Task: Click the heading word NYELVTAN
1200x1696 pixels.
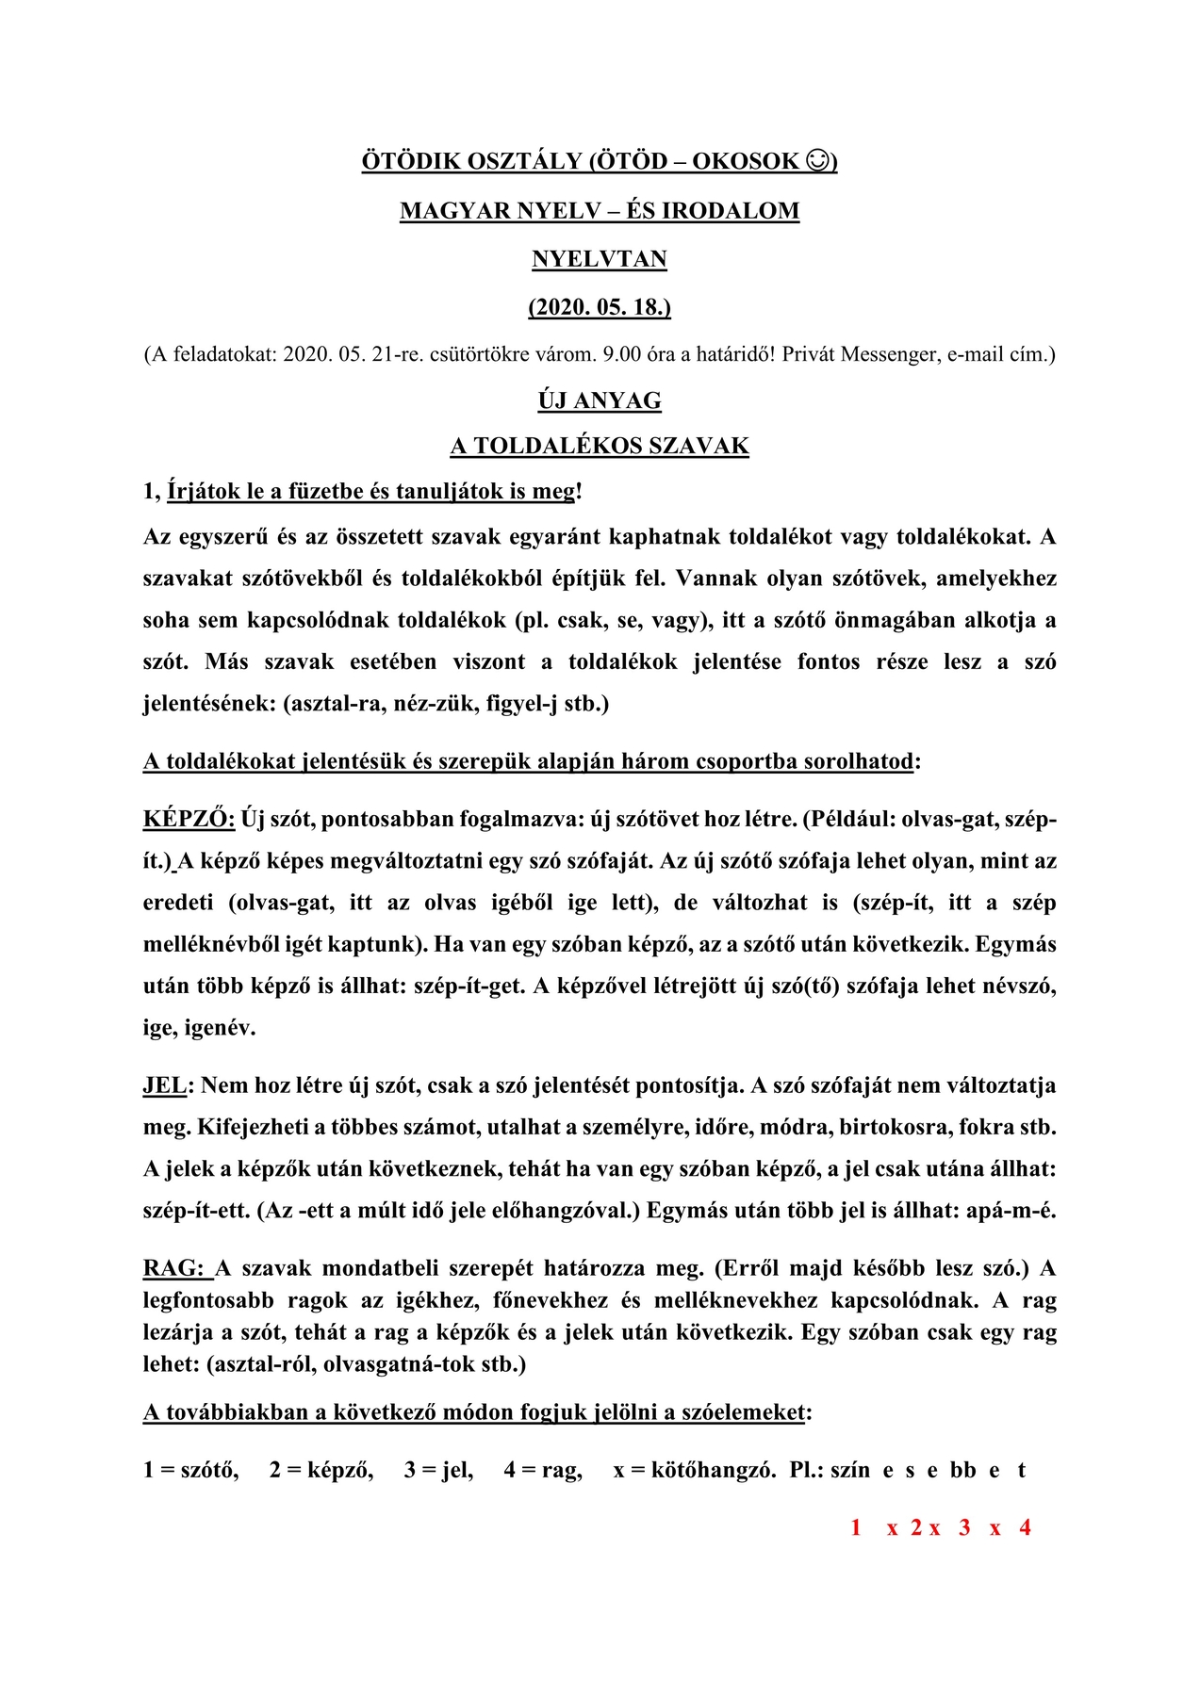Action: [x=600, y=259]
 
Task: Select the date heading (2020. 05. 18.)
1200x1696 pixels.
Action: [x=600, y=307]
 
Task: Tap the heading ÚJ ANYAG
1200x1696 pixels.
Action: [x=600, y=400]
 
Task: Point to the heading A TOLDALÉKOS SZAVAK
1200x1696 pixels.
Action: [x=600, y=446]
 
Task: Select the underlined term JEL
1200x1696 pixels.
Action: [x=165, y=1085]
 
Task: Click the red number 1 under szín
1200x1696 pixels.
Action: [x=856, y=1527]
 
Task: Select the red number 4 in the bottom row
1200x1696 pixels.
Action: [x=1025, y=1527]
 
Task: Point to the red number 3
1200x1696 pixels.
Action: [x=964, y=1527]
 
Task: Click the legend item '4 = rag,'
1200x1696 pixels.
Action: [x=542, y=1470]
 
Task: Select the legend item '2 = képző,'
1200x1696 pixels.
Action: [x=321, y=1470]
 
